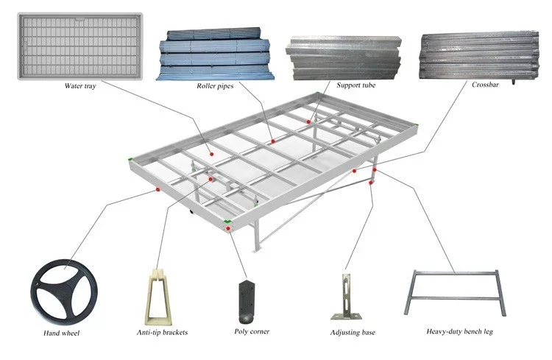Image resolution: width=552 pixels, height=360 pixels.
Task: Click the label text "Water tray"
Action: point(80,85)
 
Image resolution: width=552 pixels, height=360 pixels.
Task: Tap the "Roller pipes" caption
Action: point(215,85)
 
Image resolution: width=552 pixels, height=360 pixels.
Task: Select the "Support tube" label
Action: point(356,85)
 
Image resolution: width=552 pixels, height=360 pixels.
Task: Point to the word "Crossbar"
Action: point(485,85)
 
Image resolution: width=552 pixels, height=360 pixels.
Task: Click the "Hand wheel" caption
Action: point(61,333)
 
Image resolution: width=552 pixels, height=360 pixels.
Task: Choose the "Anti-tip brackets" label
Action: point(162,332)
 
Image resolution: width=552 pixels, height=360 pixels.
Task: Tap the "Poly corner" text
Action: point(252,331)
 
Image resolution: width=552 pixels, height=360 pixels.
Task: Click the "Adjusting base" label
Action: point(353,332)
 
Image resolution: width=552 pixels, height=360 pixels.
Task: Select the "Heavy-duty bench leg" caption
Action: point(459,331)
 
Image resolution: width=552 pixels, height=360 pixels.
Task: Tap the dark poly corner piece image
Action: point(247,302)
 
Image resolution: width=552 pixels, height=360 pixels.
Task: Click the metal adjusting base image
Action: point(347,297)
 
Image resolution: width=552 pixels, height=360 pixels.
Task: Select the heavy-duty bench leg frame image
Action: point(456,272)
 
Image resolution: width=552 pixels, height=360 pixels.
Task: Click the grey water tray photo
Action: point(80,46)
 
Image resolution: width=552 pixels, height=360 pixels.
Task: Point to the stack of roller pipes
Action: point(215,54)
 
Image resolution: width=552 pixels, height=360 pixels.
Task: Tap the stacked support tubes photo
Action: point(344,57)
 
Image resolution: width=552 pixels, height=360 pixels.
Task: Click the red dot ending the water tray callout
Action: point(211,154)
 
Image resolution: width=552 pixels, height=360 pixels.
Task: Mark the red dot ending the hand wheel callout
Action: point(158,189)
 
